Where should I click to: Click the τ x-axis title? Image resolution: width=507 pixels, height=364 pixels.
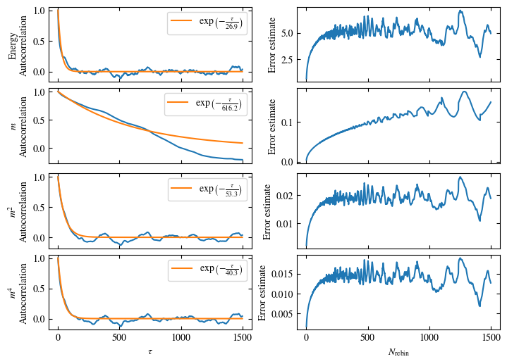[150, 351]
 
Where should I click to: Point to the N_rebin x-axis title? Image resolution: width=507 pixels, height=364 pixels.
[398, 351]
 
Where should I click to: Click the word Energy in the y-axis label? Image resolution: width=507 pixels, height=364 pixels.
[13, 43]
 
